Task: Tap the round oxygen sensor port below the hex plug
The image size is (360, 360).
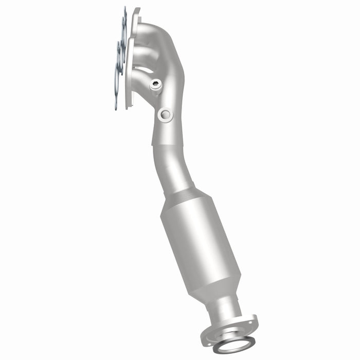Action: [x=165, y=114]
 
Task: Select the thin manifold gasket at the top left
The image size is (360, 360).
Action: [x=120, y=57]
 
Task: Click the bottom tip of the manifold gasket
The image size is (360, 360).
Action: [x=117, y=105]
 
